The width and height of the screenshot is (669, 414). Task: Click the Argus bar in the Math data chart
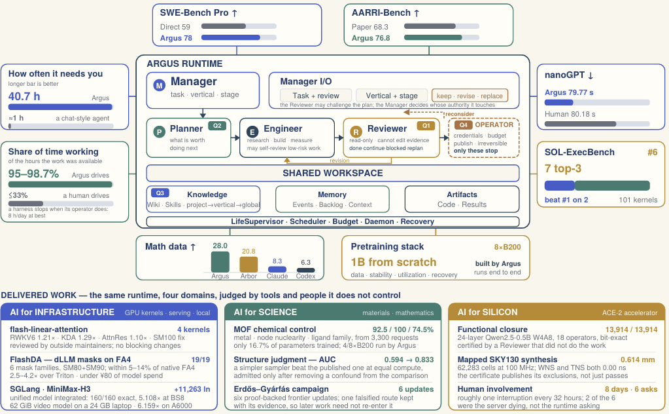[x=220, y=261]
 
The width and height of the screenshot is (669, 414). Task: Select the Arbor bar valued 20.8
[x=249, y=265]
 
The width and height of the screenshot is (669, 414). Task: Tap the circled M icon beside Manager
[x=159, y=85]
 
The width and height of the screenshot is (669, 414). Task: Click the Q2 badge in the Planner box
[x=217, y=126]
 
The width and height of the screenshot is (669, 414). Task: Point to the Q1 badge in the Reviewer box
[x=426, y=126]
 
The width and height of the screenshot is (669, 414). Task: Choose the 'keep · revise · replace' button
[x=470, y=96]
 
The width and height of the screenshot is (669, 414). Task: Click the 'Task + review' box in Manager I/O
[x=316, y=96]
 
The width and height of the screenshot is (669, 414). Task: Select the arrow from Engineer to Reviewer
[x=339, y=138]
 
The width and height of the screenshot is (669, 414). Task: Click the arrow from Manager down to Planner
[x=203, y=113]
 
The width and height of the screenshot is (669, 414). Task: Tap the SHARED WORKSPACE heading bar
[x=333, y=173]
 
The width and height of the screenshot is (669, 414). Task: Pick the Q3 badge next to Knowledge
[x=160, y=193]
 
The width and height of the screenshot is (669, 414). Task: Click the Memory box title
[x=332, y=195]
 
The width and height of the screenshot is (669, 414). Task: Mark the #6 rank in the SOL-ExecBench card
[x=653, y=152]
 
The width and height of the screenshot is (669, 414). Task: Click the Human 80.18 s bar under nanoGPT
[x=580, y=124]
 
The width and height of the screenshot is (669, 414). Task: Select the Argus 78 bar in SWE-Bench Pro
[x=231, y=37]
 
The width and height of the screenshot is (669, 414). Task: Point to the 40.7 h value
[x=24, y=96]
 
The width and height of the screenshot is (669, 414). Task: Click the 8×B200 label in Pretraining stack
[x=507, y=247]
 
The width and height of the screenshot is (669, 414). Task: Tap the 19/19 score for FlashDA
[x=201, y=360]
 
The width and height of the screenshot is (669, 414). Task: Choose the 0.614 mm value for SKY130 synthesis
[x=638, y=360]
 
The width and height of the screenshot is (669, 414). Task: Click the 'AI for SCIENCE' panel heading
[x=266, y=312]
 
